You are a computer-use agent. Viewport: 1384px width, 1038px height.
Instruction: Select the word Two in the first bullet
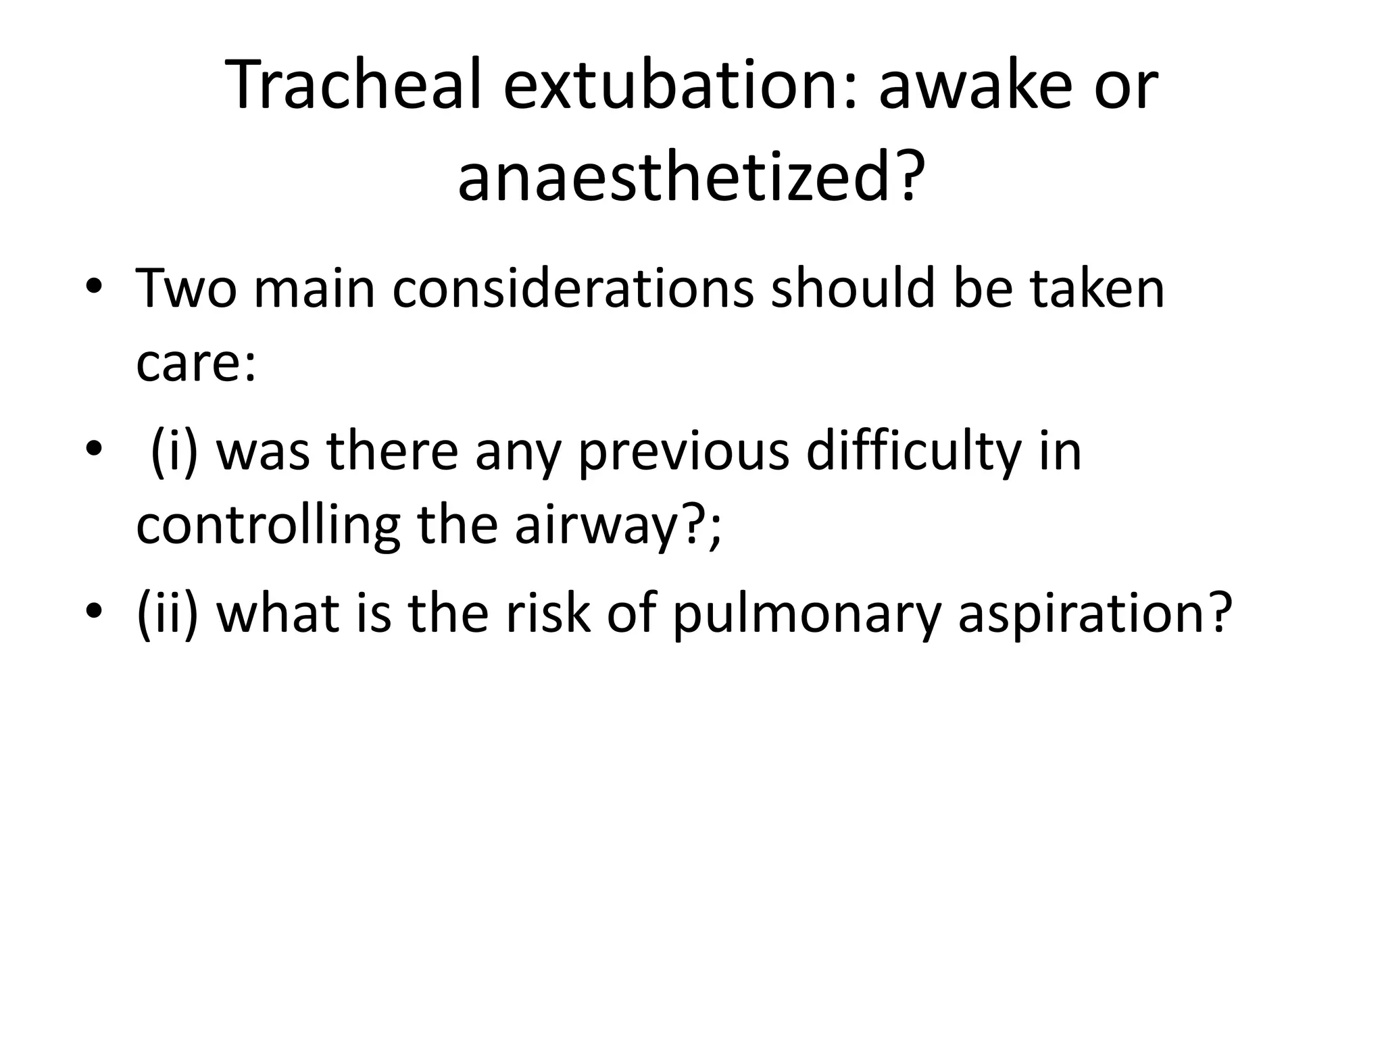(x=187, y=289)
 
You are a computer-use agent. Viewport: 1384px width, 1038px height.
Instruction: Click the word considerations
(x=572, y=289)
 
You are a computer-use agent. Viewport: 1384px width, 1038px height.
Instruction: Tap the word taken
(x=1097, y=289)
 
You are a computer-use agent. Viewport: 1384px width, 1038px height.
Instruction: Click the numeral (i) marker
(x=174, y=451)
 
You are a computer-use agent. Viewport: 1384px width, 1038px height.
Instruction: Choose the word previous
(x=683, y=451)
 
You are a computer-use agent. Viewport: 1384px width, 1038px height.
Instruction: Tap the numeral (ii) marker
(x=168, y=614)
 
